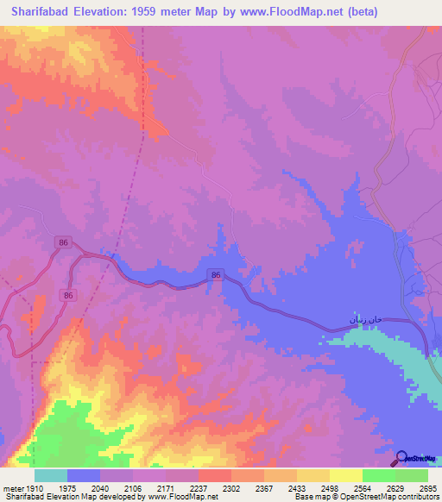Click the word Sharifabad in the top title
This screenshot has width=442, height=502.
tap(40, 13)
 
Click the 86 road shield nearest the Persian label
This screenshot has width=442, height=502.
tap(216, 275)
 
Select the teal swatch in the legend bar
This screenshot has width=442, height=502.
tap(51, 475)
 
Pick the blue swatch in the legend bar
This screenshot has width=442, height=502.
tap(84, 475)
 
